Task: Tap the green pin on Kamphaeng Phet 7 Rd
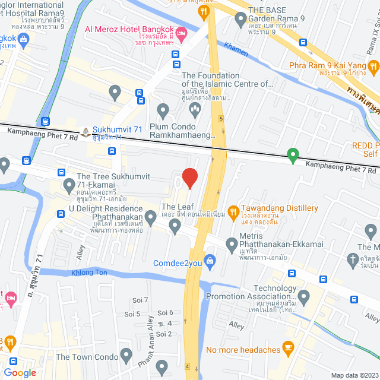292,156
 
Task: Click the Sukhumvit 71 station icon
87,131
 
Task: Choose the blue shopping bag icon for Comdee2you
209,260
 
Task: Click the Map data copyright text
354,375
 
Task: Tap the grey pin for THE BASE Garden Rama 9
240,20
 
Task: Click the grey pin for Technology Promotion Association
304,295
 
